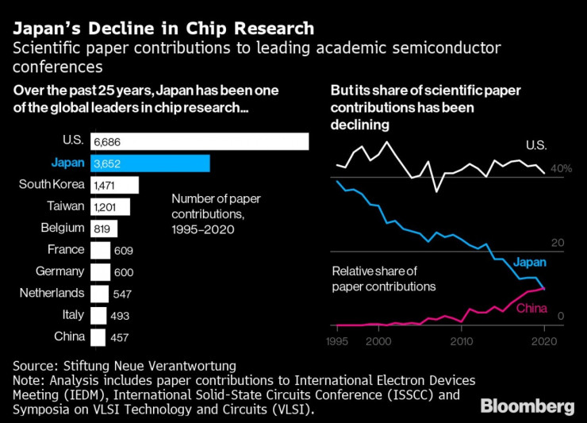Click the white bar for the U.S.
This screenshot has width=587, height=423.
pos(199,141)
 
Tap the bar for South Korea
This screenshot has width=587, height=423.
pos(114,185)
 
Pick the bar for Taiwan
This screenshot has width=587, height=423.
pos(109,206)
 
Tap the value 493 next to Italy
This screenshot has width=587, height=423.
pos(119,315)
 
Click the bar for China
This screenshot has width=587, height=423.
pos(98,336)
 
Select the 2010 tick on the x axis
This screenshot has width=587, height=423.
pos(461,341)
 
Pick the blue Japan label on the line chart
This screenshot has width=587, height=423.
pos(530,263)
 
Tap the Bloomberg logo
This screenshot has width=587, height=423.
pos(528,406)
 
